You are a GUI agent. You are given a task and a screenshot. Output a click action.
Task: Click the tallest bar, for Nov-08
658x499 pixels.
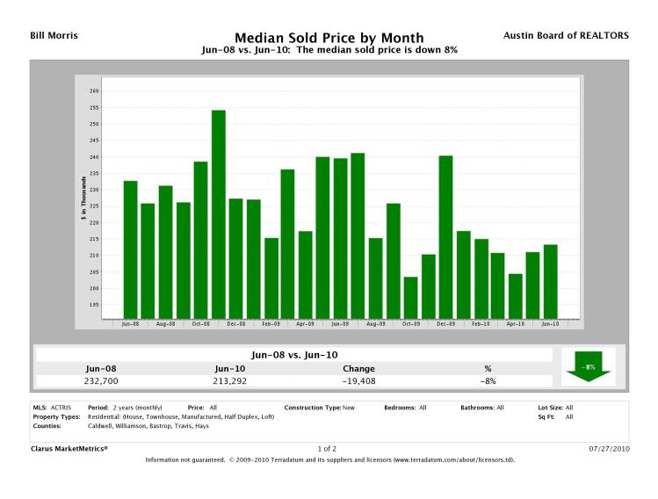click(218, 213)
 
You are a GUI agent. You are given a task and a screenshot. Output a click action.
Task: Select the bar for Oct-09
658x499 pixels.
click(410, 297)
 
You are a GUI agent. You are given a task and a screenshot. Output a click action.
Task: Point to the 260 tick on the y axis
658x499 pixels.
click(94, 91)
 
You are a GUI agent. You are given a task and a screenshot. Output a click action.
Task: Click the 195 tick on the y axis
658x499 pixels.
click(94, 305)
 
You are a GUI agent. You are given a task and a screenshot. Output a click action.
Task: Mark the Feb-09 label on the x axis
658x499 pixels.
click(271, 324)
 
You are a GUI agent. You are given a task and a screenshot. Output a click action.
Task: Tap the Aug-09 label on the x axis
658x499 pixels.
click(375, 324)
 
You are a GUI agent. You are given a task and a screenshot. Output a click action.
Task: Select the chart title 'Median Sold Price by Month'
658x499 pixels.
click(329, 38)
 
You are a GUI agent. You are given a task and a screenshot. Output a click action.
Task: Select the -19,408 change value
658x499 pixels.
click(358, 381)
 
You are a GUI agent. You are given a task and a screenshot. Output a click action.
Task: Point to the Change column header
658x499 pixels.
click(358, 369)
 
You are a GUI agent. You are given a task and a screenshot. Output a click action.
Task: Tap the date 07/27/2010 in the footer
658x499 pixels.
click(608, 448)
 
